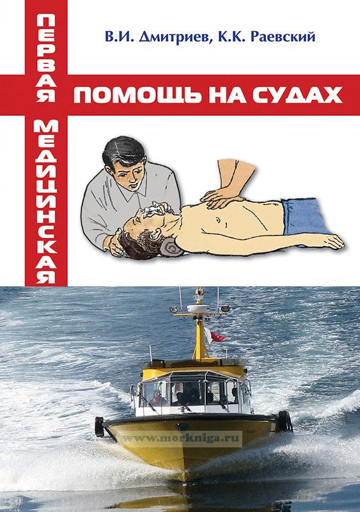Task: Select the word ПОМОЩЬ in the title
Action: pyautogui.click(x=137, y=95)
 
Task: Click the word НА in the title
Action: pyautogui.click(x=226, y=95)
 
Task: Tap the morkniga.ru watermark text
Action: pyautogui.click(x=182, y=438)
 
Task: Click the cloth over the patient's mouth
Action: pyautogui.click(x=152, y=211)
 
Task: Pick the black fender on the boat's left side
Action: pyautogui.click(x=100, y=426)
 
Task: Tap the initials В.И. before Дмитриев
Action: pyautogui.click(x=120, y=36)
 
